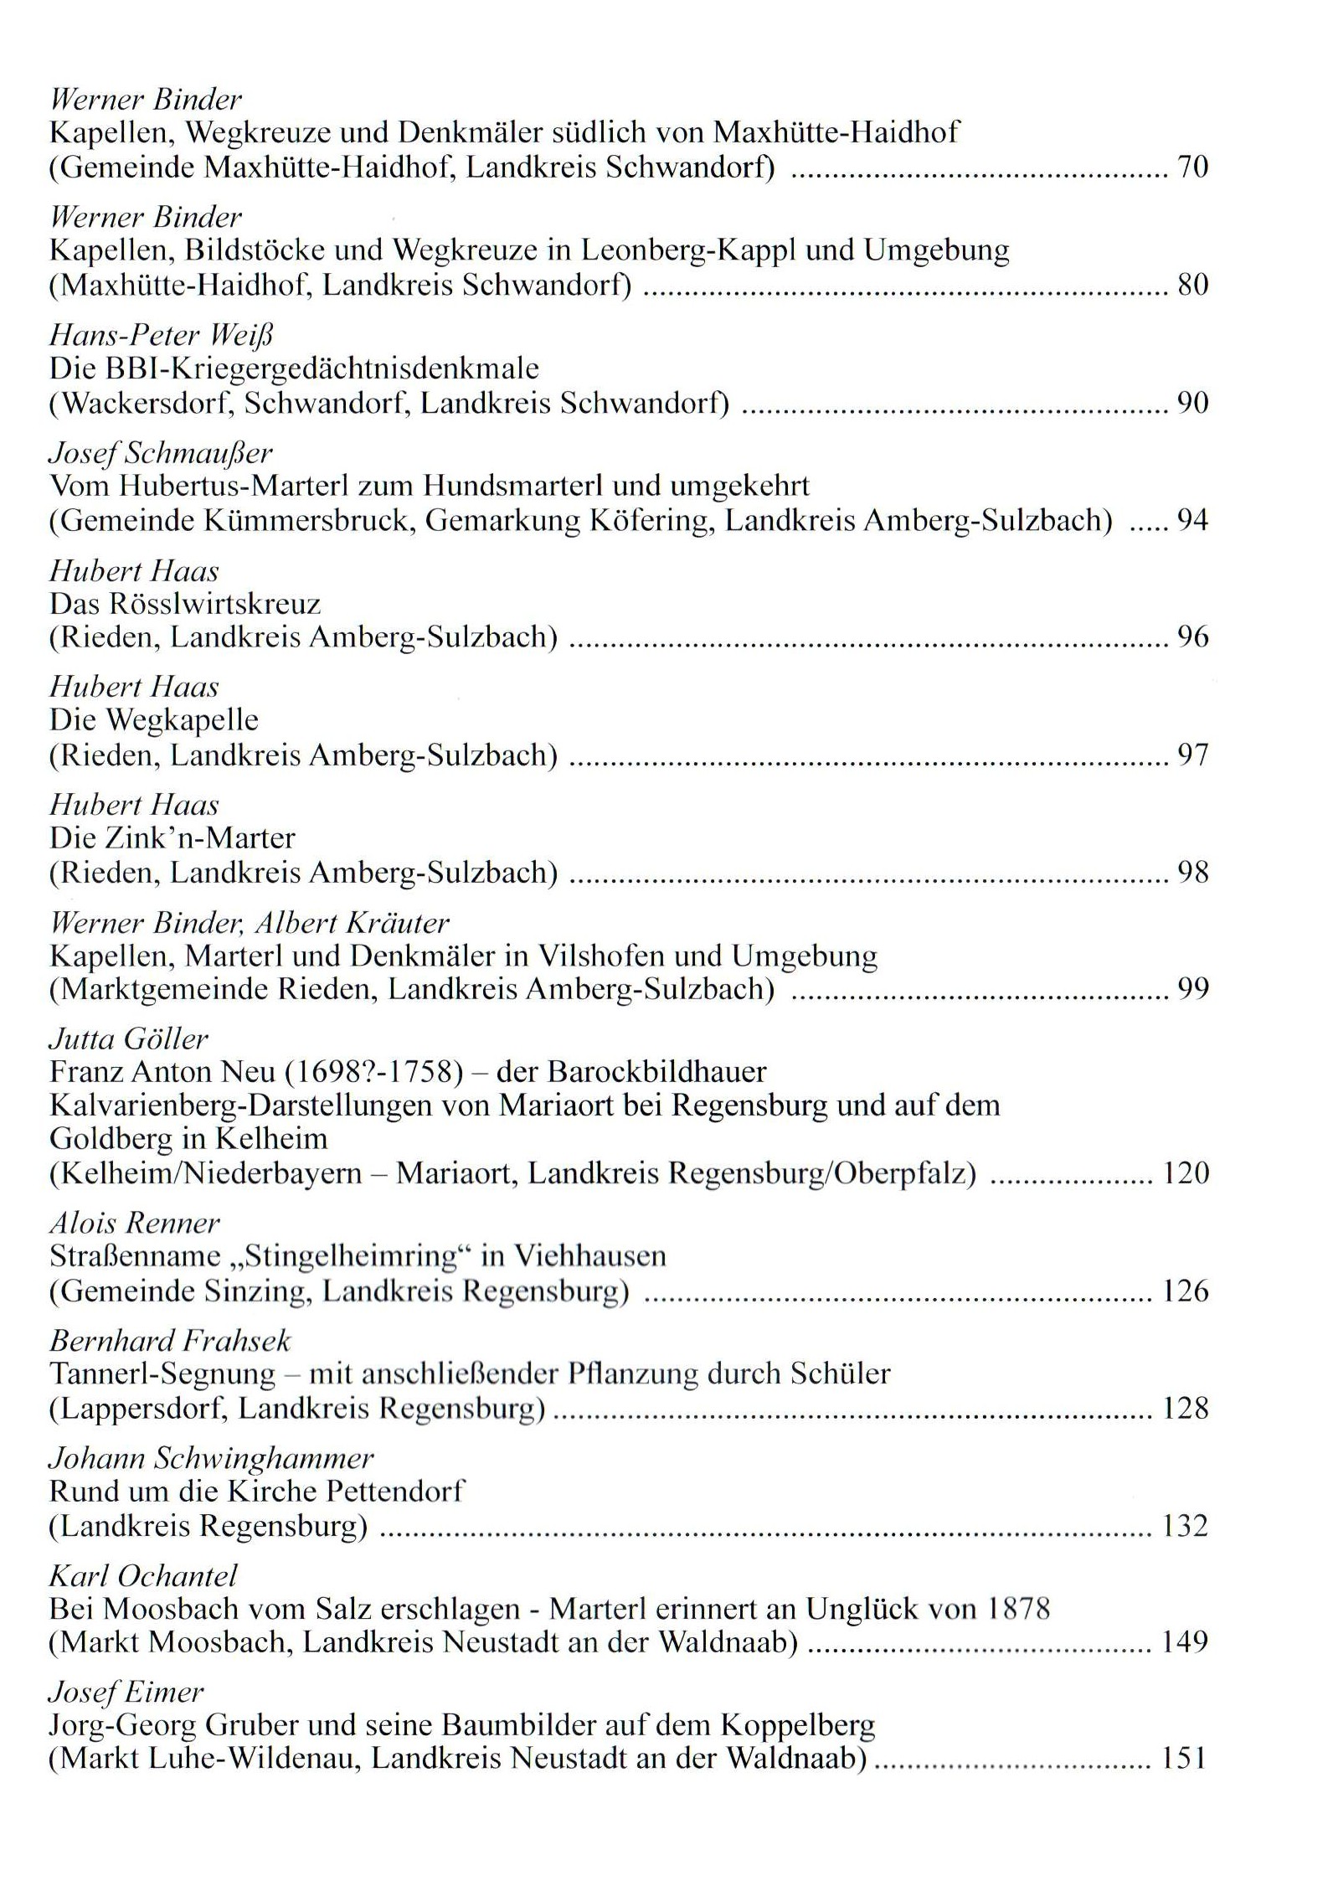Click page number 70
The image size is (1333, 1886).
(x=1193, y=168)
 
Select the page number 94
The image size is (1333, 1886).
(x=1193, y=521)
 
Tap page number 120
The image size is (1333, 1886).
(x=1186, y=1173)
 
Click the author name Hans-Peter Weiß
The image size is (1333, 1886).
(x=162, y=336)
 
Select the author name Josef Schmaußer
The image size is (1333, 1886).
(x=161, y=454)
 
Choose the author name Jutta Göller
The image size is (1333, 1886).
(x=128, y=1039)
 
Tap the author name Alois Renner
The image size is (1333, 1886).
(x=134, y=1224)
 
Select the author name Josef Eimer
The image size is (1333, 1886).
(x=126, y=1693)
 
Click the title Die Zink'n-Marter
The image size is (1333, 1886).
(x=172, y=838)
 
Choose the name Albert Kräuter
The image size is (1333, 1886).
(x=352, y=923)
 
